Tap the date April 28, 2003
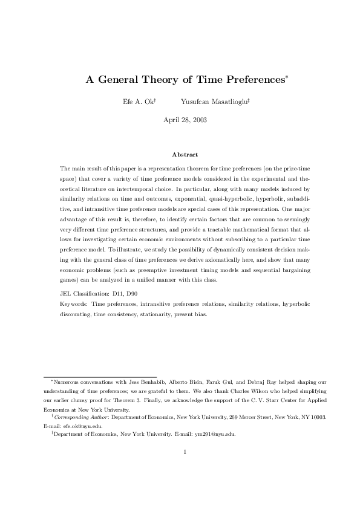click(185, 120)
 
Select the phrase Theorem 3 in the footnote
click(146, 400)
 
